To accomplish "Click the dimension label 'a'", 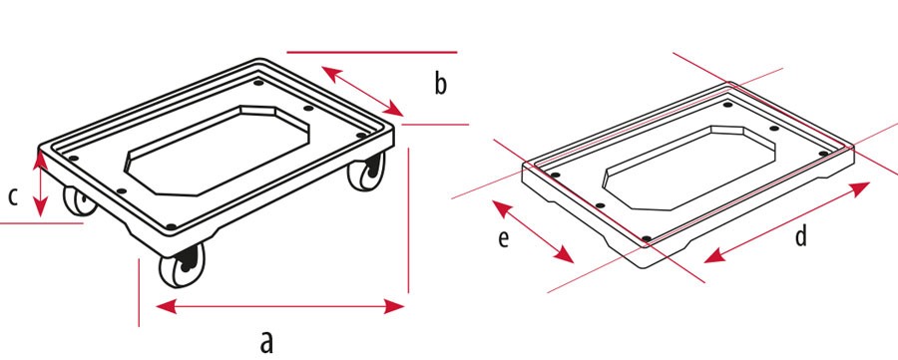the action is [x=266, y=342].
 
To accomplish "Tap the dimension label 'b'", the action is [x=440, y=84].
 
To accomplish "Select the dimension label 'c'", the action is [x=13, y=196].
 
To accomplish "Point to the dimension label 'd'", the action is [x=801, y=235].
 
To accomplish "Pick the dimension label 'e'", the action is [x=504, y=239].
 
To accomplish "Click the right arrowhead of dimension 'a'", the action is [x=394, y=307].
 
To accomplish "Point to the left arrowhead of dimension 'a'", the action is [x=166, y=307].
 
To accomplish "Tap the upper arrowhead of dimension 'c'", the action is [x=40, y=160].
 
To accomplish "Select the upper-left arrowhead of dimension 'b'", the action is [x=331, y=73].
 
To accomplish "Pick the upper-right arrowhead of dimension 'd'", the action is [x=860, y=188].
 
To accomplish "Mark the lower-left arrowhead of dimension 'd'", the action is [x=714, y=257].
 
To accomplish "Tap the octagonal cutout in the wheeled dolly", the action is [x=218, y=150].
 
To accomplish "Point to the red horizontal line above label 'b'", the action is [x=372, y=52].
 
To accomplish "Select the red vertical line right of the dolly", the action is [x=408, y=220].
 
